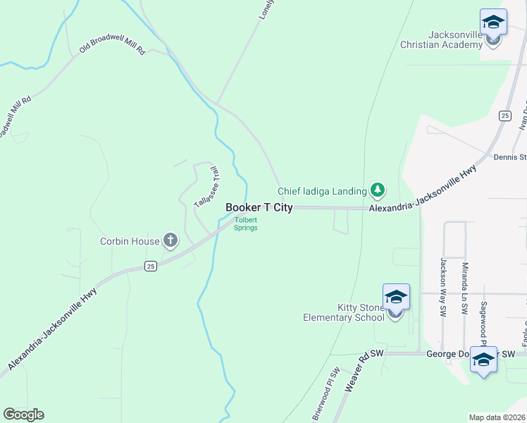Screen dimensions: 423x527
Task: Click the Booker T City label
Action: pos(259,208)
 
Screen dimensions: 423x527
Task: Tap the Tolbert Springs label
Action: pos(246,223)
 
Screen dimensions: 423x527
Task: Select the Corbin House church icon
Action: pos(170,241)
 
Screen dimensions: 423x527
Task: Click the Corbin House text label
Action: pos(129,242)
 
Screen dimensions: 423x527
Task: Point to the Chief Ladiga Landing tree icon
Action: pos(378,190)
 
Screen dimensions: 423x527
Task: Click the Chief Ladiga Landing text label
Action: pos(322,191)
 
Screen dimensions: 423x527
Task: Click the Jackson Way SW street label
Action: pos(444,288)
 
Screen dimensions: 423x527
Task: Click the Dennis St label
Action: pos(510,157)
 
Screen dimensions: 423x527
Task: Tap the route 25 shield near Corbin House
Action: pos(149,266)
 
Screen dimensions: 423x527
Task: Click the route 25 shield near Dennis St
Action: pos(504,115)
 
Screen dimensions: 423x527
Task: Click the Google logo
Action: pos(23,415)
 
